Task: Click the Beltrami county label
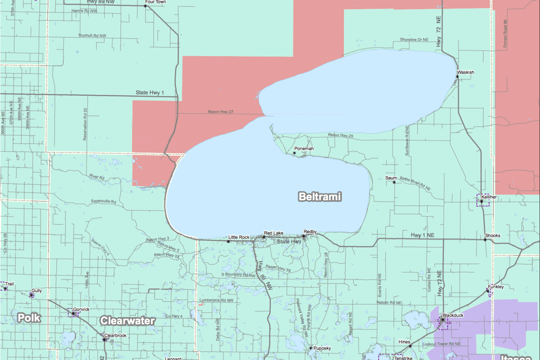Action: pyautogui.click(x=320, y=197)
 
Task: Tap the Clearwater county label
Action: pyautogui.click(x=127, y=320)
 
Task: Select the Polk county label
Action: pyautogui.click(x=29, y=318)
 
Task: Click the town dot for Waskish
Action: pyautogui.click(x=457, y=77)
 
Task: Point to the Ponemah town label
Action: pyautogui.click(x=304, y=149)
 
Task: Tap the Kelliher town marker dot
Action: pyautogui.click(x=481, y=202)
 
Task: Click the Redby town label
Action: pyautogui.click(x=310, y=232)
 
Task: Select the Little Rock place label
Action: pyautogui.click(x=239, y=237)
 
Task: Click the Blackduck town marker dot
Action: pyautogui.click(x=443, y=320)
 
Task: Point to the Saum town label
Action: pyautogui.click(x=391, y=178)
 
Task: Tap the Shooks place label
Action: pyautogui.click(x=492, y=235)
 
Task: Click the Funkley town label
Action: pyautogui.click(x=496, y=287)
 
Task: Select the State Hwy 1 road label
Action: pyautogui.click(x=149, y=93)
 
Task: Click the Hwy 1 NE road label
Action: pyautogui.click(x=422, y=235)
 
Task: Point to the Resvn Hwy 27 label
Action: pyautogui.click(x=220, y=112)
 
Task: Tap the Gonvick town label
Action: pyautogui.click(x=81, y=309)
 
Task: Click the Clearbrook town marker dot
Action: pyautogui.click(x=104, y=339)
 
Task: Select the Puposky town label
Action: pyautogui.click(x=322, y=348)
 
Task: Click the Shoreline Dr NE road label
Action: pyautogui.click(x=414, y=40)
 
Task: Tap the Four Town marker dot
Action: pyautogui.click(x=145, y=6)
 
